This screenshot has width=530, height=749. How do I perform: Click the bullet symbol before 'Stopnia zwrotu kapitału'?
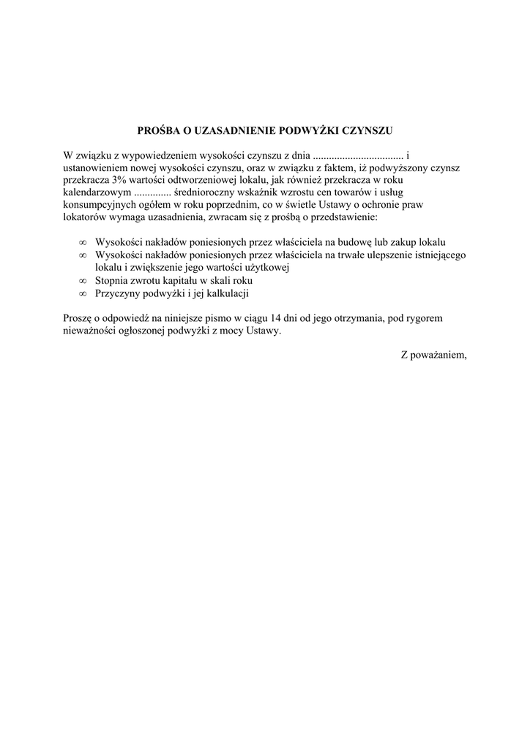pos(83,281)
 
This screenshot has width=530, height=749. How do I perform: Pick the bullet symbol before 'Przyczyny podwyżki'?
pos(83,293)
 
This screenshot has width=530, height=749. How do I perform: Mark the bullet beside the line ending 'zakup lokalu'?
pos(83,242)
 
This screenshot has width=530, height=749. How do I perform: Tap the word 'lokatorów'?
pos(86,218)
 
